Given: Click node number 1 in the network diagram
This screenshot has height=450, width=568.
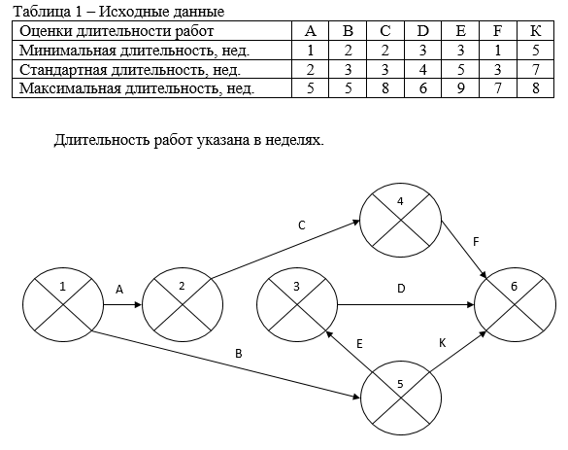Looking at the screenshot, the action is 63,304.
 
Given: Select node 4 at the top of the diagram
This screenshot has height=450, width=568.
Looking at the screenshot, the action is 401,220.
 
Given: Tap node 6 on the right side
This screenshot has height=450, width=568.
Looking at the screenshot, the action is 515,304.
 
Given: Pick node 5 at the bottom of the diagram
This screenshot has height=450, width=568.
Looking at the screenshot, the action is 401,398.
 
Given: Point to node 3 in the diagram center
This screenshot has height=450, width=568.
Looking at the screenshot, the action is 297,304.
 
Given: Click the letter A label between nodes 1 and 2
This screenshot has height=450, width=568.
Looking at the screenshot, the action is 119,290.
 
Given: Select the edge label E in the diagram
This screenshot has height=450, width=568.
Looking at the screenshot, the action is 359,344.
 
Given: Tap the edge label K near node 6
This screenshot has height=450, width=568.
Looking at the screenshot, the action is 443,343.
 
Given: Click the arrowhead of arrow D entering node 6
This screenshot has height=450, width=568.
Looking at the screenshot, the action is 470,304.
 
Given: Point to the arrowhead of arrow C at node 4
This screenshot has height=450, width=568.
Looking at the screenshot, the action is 356,222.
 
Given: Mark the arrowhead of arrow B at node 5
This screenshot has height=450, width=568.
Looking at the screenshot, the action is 356,398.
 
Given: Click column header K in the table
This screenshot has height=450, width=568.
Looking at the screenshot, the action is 535,31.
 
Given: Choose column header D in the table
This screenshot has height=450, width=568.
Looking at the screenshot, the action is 422,31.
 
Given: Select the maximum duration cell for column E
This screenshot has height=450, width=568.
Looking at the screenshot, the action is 460,88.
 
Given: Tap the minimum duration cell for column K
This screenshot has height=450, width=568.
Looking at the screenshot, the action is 535,50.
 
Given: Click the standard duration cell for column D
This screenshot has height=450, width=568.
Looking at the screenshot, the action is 422,69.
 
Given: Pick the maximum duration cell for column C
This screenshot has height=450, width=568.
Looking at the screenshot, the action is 385,88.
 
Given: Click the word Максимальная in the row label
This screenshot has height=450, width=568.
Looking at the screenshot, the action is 70,88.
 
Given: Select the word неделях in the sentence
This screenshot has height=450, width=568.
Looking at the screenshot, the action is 294,140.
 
